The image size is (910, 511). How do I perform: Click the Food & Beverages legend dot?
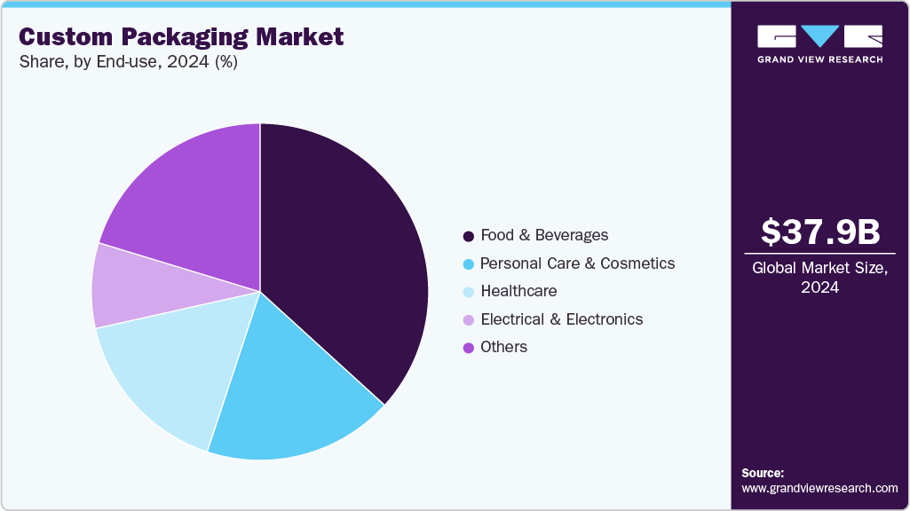click(x=468, y=236)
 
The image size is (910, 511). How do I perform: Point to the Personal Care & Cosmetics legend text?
click(x=577, y=263)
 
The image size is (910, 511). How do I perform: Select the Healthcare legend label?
click(x=518, y=291)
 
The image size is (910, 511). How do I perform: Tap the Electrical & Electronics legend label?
click(x=561, y=319)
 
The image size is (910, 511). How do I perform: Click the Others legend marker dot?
click(x=468, y=348)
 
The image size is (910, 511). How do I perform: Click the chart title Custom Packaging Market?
click(x=181, y=37)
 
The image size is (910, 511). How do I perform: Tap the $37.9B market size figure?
click(x=820, y=232)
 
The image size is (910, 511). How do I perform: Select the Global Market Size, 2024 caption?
click(x=820, y=278)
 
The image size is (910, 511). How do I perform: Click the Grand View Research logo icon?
click(x=820, y=36)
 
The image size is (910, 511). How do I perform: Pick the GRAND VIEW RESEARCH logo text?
click(x=820, y=59)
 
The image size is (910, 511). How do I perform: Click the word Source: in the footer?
click(x=763, y=473)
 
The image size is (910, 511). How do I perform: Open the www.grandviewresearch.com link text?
click(x=819, y=488)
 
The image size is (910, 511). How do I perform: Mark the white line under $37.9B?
click(x=820, y=254)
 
